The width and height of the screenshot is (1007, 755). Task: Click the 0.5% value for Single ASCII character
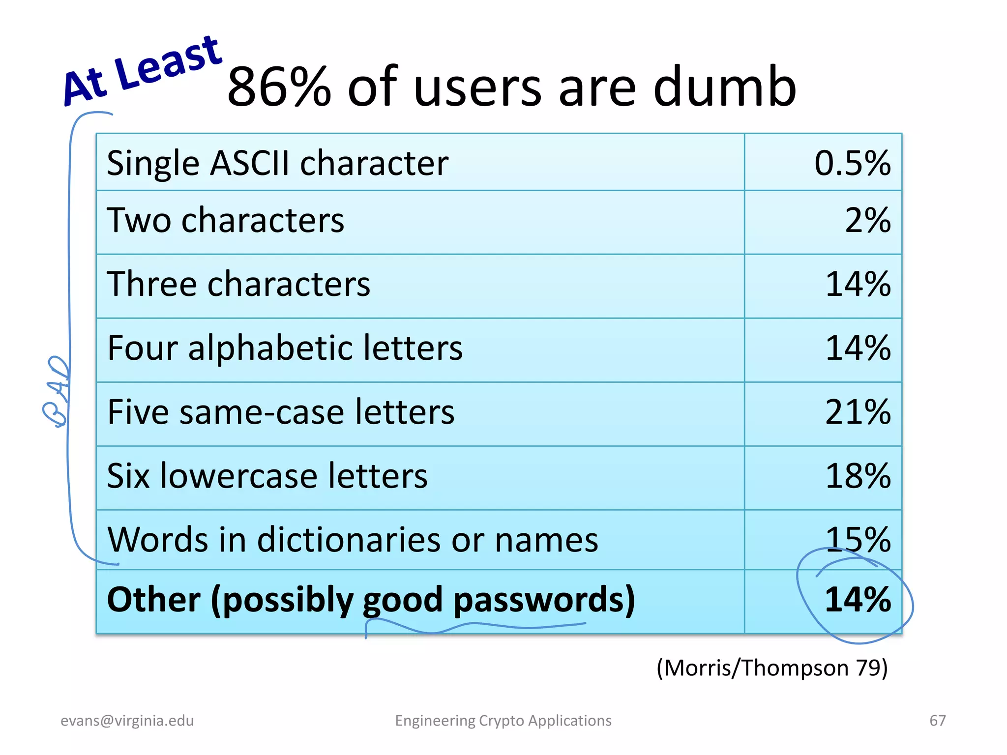tap(852, 163)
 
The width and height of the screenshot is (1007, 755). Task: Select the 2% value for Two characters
tap(867, 220)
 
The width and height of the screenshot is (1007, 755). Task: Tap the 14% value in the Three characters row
tap(858, 284)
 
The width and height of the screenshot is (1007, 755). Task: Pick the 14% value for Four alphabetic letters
tap(858, 348)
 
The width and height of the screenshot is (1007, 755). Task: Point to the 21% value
tap(858, 412)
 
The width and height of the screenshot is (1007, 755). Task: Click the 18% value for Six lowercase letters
tap(858, 476)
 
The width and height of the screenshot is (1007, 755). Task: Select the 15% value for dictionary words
tap(858, 539)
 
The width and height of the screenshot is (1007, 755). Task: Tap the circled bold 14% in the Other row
tap(858, 600)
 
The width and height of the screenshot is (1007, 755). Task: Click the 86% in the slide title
tap(279, 87)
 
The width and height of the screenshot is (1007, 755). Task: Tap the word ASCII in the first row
tap(249, 163)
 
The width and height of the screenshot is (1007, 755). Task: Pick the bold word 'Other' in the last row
tap(154, 600)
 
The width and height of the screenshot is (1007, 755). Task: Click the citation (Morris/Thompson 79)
tap(772, 668)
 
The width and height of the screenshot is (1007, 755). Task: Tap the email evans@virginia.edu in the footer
tap(127, 721)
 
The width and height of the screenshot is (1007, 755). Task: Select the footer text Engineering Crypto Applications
tap(503, 721)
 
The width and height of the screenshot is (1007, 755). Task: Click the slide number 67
tap(937, 721)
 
